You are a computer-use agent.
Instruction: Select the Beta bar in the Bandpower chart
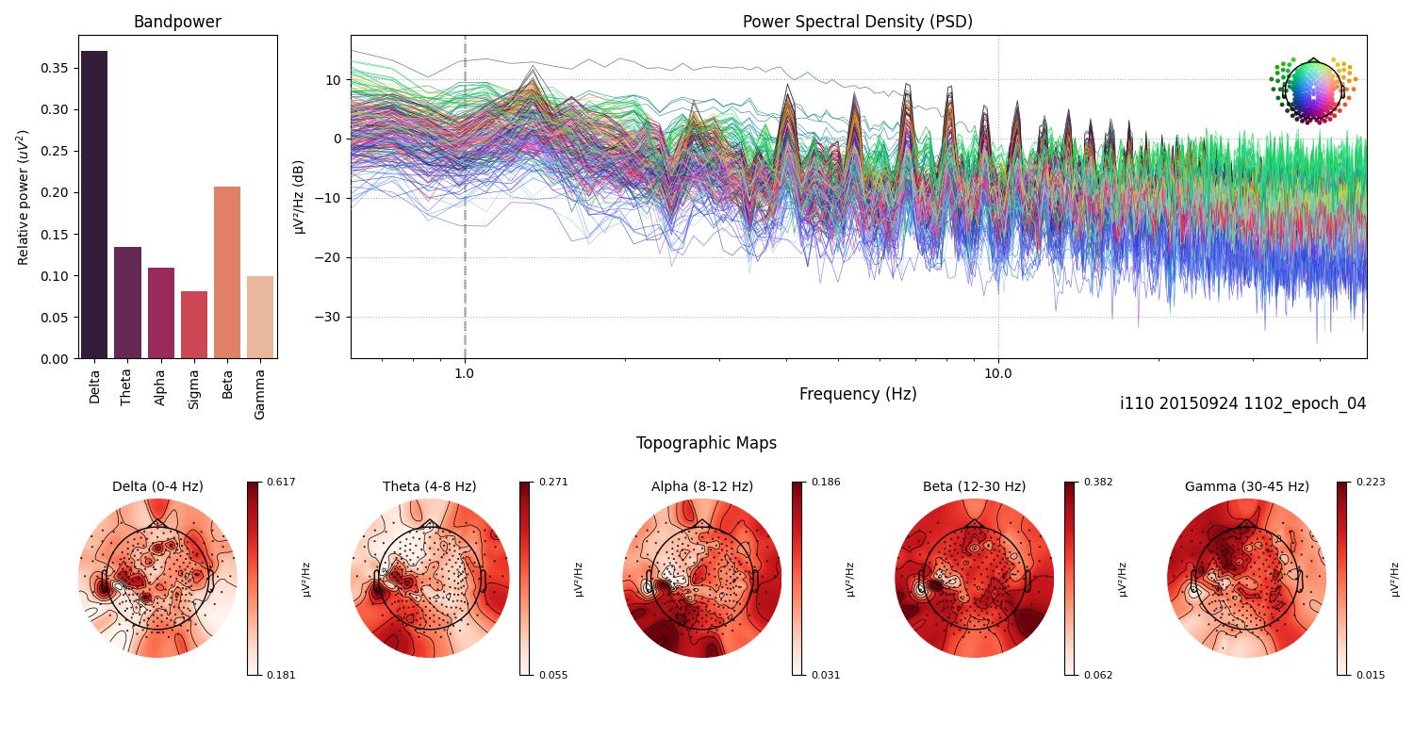(227, 273)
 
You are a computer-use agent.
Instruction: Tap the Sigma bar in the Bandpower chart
(194, 325)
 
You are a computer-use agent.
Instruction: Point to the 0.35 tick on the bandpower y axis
(54, 68)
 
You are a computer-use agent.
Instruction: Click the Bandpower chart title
(177, 22)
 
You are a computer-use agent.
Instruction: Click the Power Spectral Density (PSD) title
(857, 22)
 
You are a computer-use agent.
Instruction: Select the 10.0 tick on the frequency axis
(998, 372)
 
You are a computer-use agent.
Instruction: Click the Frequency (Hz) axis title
(857, 394)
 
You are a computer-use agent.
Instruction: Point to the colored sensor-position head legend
(1312, 90)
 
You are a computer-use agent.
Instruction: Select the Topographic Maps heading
(706, 443)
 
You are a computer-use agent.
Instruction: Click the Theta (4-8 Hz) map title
(429, 486)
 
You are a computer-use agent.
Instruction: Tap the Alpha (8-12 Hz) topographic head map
(702, 578)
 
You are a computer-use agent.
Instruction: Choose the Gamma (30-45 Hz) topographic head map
(1246, 578)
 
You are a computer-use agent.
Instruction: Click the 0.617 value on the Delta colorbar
(282, 482)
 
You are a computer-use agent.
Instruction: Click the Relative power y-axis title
(24, 198)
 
